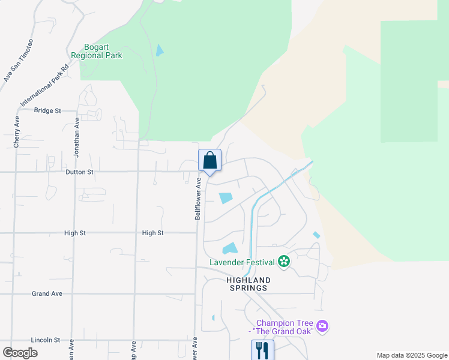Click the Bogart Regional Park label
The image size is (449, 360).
(97, 51)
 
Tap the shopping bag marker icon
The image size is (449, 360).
(209, 160)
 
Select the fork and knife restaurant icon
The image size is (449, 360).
(262, 350)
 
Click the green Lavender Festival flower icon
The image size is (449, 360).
(284, 262)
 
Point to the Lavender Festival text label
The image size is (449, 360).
(241, 262)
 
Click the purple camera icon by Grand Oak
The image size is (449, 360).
(323, 326)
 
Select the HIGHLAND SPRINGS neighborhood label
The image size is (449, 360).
(248, 284)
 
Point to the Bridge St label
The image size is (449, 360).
(47, 110)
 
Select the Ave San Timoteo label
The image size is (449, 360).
(19, 60)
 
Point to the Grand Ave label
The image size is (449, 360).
(47, 294)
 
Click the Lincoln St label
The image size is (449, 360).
(46, 340)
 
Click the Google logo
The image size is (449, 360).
(20, 352)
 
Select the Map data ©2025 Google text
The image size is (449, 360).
(411, 355)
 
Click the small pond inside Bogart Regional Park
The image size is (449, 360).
(159, 50)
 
